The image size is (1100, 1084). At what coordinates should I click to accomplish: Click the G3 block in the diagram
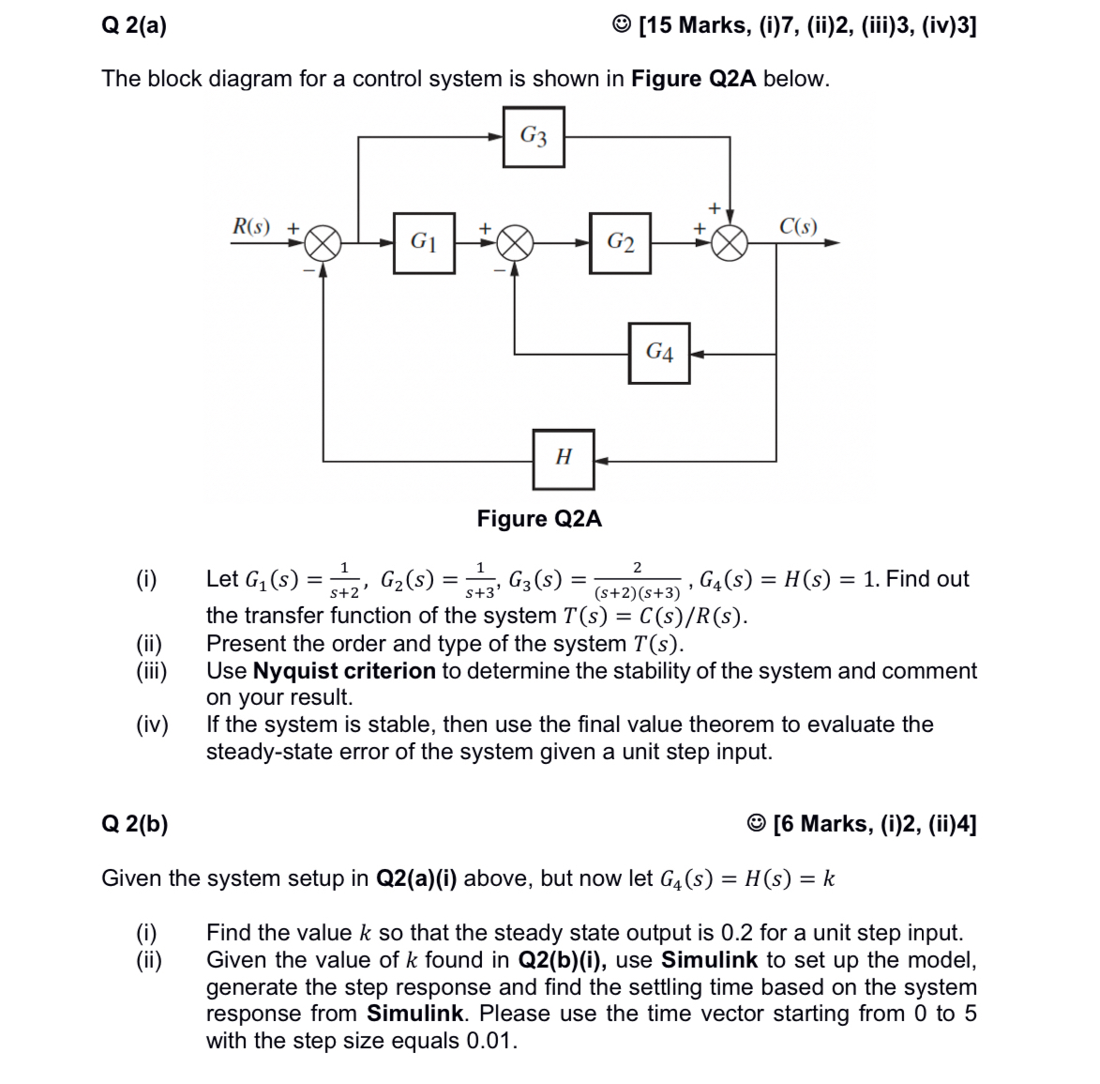point(534,137)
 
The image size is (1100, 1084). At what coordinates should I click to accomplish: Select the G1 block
point(424,243)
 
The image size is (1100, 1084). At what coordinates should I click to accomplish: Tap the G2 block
point(620,243)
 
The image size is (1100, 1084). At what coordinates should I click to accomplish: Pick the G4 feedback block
point(659,353)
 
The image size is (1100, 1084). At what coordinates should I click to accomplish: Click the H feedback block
point(564,458)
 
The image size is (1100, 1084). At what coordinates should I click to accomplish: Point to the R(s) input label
point(251,226)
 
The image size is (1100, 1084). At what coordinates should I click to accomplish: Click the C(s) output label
point(798,226)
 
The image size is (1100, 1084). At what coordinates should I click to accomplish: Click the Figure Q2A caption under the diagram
point(539,519)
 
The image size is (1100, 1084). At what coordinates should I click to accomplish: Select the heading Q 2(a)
point(134,25)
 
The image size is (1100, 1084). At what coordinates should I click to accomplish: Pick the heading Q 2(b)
point(135,824)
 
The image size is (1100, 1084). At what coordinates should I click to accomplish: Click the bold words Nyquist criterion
point(344,671)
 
